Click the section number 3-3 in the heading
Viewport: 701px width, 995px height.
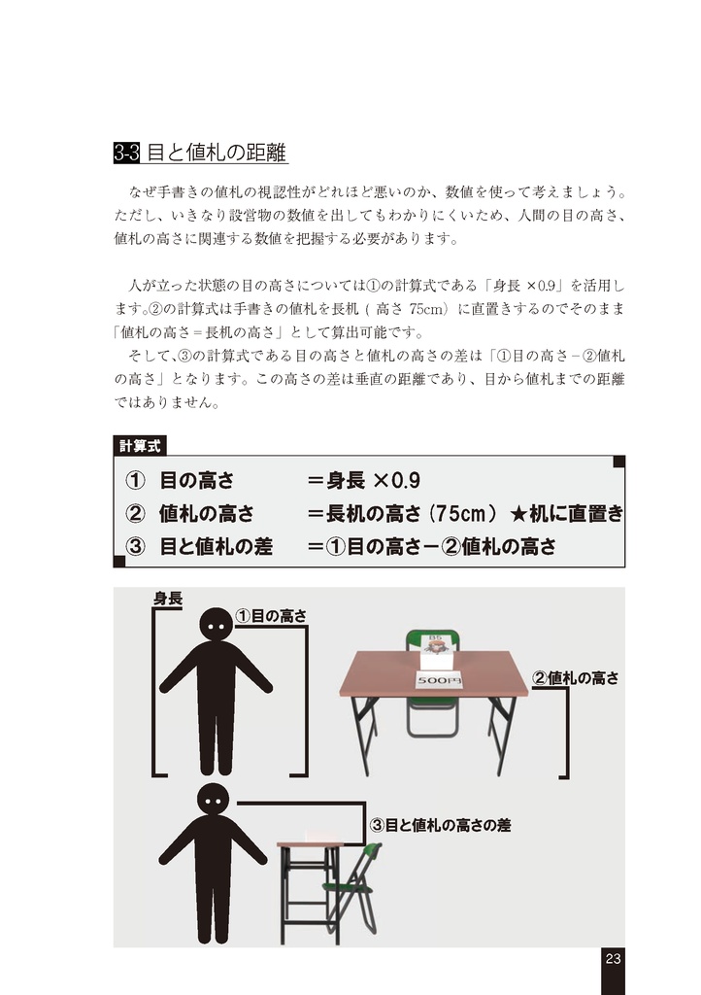tap(127, 153)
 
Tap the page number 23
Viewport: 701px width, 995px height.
tap(613, 959)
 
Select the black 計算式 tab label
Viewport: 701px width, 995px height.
tap(140, 446)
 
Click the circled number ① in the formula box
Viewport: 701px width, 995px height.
tap(135, 481)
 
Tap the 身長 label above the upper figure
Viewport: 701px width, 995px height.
tap(167, 599)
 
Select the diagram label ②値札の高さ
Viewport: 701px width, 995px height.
tap(575, 678)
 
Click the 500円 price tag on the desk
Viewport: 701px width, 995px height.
tap(439, 681)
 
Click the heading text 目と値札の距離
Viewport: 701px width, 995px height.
tap(217, 153)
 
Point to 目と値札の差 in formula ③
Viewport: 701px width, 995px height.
tap(215, 547)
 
